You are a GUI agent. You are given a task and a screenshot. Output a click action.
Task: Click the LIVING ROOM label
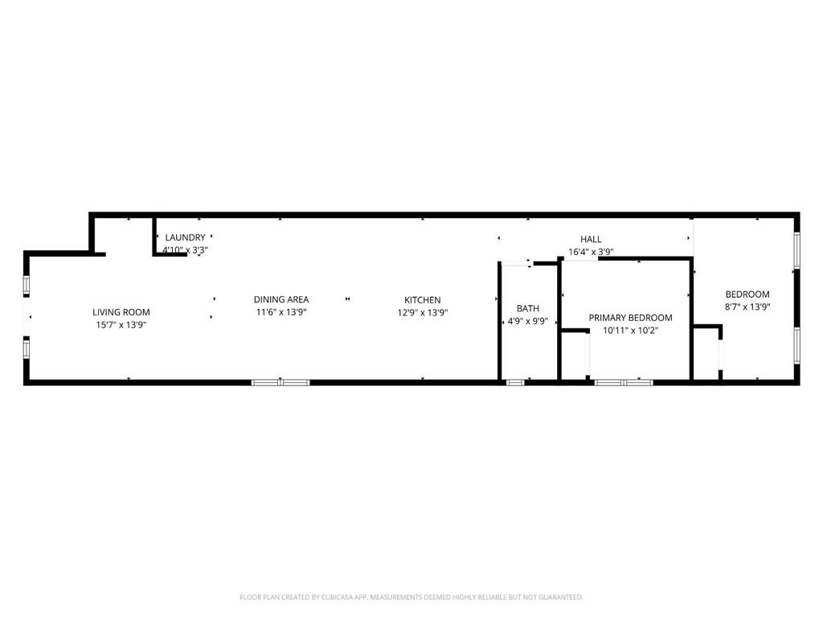tap(121, 312)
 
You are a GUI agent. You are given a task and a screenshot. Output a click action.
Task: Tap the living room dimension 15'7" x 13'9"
tap(121, 325)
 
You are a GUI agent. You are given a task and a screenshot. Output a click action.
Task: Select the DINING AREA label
tap(281, 299)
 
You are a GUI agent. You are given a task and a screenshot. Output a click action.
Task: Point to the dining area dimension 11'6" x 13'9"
tap(281, 312)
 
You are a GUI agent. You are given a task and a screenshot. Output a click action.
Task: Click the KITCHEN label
tap(422, 300)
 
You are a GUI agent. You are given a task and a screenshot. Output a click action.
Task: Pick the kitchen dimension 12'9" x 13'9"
tap(422, 313)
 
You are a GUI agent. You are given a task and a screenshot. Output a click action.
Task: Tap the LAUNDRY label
tap(186, 237)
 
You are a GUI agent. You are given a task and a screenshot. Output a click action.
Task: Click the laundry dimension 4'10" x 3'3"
tap(186, 250)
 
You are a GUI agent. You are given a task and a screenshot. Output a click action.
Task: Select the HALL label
tap(591, 239)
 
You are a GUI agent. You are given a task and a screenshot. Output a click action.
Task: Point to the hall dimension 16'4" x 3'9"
tap(591, 252)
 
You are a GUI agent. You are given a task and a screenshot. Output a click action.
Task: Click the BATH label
tap(528, 308)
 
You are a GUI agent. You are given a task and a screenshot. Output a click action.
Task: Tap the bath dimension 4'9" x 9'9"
tap(528, 321)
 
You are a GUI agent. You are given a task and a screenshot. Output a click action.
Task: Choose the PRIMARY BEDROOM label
tap(630, 318)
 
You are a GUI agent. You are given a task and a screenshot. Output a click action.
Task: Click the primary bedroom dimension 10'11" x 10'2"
tap(630, 331)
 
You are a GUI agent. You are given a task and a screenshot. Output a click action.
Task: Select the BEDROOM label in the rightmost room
tap(747, 295)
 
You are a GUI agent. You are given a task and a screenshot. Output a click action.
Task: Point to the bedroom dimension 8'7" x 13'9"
tap(747, 307)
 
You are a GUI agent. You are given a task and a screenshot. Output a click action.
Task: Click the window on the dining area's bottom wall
tap(280, 382)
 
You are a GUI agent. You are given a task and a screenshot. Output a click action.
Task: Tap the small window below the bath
tap(515, 382)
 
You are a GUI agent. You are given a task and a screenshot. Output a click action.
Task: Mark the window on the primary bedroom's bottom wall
tap(624, 382)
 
